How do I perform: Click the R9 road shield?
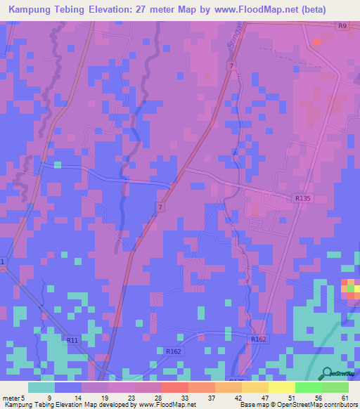tap(342, 27)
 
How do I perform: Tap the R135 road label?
tap(303, 199)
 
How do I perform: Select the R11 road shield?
tap(72, 340)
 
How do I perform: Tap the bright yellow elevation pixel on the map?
tap(345, 284)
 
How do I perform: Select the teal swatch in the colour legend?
tap(41, 387)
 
